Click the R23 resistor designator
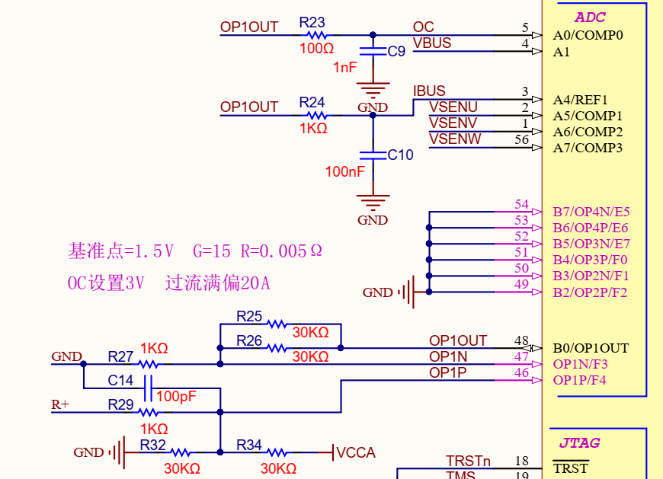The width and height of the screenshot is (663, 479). [x=312, y=23]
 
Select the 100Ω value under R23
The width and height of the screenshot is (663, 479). [x=316, y=49]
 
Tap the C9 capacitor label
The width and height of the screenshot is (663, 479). [x=396, y=52]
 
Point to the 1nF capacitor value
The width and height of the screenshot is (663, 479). [x=344, y=68]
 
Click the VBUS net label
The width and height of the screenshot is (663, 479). [x=432, y=43]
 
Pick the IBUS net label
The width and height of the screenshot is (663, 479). [x=429, y=91]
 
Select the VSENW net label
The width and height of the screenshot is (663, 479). [x=455, y=139]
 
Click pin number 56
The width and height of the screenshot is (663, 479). [x=521, y=139]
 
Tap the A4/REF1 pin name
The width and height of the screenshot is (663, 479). [x=580, y=100]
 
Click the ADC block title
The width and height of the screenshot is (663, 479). [x=590, y=18]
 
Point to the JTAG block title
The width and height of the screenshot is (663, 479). [x=579, y=442]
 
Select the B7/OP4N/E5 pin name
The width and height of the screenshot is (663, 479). [x=591, y=212]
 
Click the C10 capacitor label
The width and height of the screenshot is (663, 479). [x=400, y=155]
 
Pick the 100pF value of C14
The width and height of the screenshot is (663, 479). [x=176, y=397]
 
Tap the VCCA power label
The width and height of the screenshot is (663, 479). [x=356, y=453]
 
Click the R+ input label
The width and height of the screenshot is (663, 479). [x=60, y=405]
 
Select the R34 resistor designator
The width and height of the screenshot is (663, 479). [x=249, y=445]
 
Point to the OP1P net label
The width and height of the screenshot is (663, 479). [x=447, y=372]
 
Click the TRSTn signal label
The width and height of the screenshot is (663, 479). [x=468, y=461]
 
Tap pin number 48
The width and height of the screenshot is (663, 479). [x=521, y=340]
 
